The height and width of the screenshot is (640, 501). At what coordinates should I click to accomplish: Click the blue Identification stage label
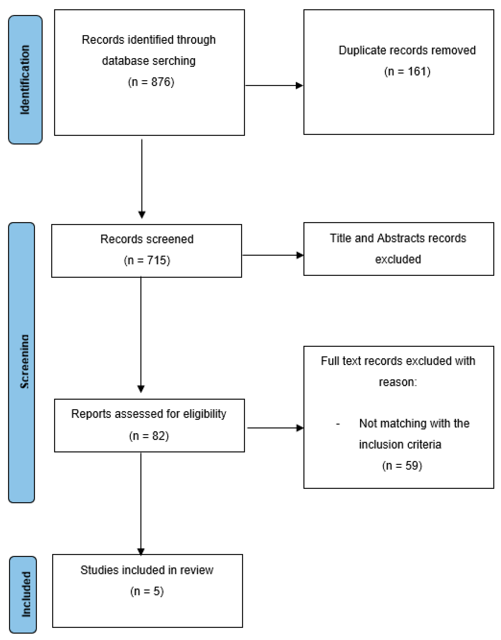click(25, 80)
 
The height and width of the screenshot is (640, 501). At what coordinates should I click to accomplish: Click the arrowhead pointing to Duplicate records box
click(299, 86)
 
